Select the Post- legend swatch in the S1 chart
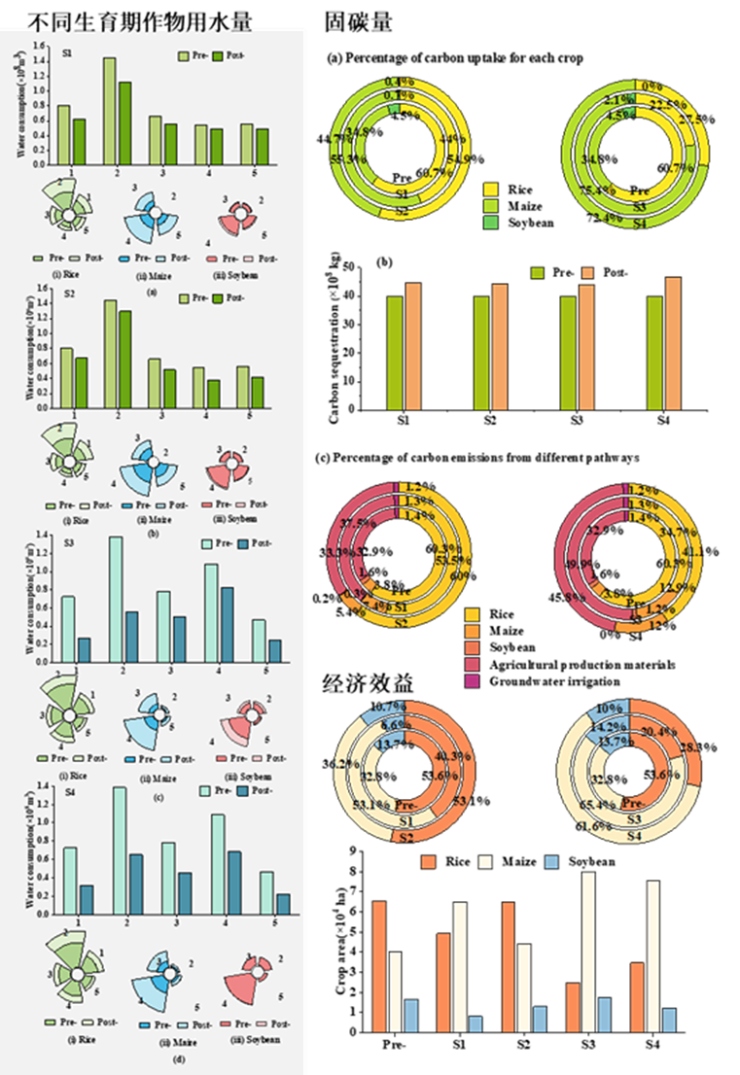219,54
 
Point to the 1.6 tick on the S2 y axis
43,289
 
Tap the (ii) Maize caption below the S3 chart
151,776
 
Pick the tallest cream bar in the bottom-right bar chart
588,952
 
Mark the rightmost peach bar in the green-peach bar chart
673,343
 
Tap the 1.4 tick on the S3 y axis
43,535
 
